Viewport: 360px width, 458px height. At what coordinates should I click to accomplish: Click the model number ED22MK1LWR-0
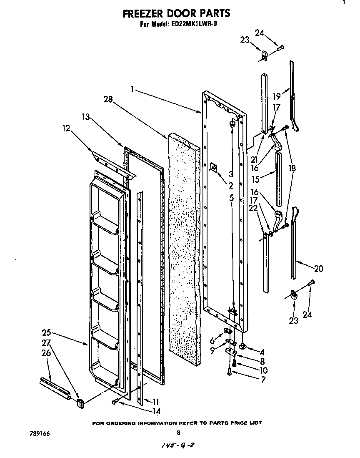point(195,24)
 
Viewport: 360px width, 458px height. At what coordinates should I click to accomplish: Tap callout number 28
point(108,99)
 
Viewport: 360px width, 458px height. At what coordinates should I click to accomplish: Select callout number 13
point(86,117)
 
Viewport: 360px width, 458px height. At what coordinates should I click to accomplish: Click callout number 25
point(47,332)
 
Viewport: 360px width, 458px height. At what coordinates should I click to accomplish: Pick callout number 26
point(47,352)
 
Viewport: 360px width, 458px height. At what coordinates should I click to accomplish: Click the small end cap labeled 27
point(80,403)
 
